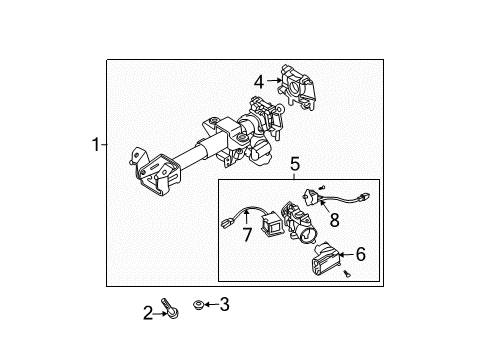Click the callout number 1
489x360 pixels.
coord(96,145)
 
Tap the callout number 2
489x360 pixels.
coord(148,314)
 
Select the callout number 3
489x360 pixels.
coord(224,304)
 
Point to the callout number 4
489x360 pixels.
coord(258,81)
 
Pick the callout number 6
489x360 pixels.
coord(360,255)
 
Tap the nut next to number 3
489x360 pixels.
coord(200,303)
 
